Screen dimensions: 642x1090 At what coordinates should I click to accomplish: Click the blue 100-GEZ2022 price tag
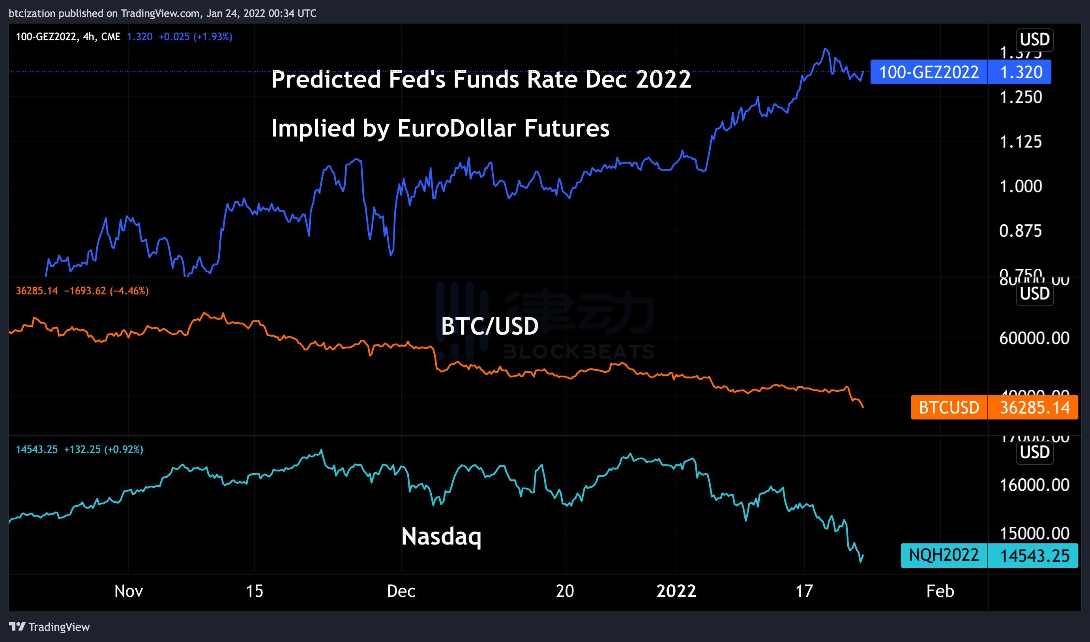pos(960,72)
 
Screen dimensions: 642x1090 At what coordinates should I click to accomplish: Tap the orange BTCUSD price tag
pos(994,408)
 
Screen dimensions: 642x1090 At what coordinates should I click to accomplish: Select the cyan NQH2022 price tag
pos(989,555)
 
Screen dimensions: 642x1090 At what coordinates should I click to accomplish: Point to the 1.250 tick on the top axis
pos(1021,97)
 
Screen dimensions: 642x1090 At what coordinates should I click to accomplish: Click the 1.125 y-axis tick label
pos(1021,142)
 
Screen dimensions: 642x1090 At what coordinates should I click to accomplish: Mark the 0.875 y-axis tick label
pos(1021,231)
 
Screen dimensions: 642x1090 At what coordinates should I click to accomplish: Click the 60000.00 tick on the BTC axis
pos(1034,338)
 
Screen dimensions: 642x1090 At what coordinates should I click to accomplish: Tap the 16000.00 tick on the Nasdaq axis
pos(1034,485)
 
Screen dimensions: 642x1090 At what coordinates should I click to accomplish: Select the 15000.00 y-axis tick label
pos(1034,533)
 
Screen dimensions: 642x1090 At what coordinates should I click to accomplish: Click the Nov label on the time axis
pos(129,591)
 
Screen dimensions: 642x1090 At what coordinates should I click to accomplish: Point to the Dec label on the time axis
pos(401,591)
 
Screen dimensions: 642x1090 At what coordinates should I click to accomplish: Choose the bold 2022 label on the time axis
pos(676,591)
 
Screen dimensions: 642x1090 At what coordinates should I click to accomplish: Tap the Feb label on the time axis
pos(940,591)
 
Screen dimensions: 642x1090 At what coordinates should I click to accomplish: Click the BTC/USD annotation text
pos(490,326)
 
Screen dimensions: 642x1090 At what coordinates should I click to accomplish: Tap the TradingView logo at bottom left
pos(49,627)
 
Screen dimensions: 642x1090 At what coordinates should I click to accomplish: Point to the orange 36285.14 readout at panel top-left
pos(37,291)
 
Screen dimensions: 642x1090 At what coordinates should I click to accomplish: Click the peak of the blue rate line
pos(826,49)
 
